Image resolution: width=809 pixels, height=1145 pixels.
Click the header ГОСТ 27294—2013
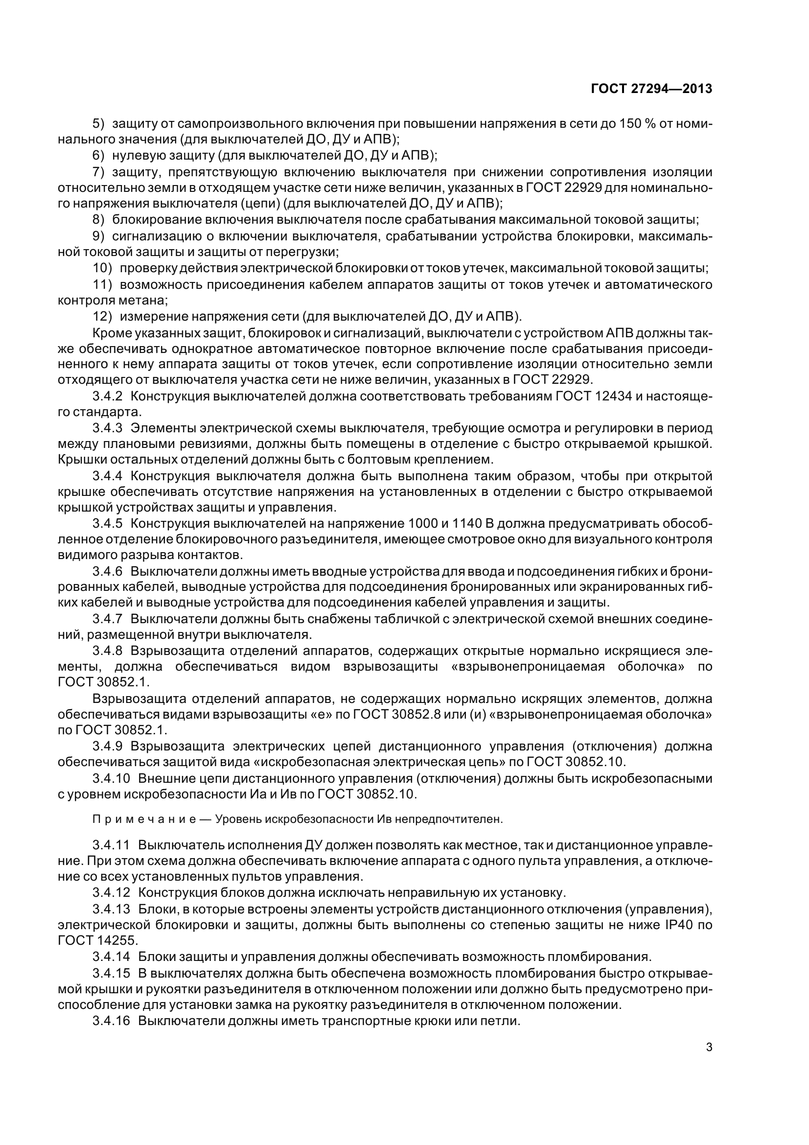pyautogui.click(x=651, y=89)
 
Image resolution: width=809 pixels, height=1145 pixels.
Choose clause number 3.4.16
pyautogui.click(x=111, y=1020)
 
